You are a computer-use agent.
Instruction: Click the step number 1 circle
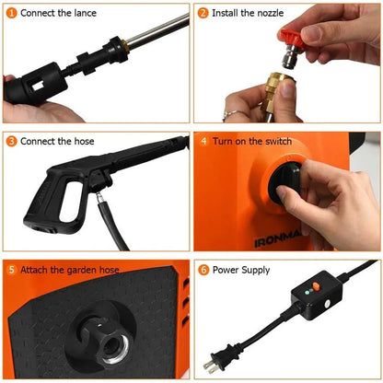11,13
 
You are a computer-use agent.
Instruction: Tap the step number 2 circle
203,13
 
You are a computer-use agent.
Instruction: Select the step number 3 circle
11,141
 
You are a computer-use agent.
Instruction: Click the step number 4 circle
203,141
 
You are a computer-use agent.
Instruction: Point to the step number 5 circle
11,271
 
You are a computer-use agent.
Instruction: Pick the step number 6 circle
203,271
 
